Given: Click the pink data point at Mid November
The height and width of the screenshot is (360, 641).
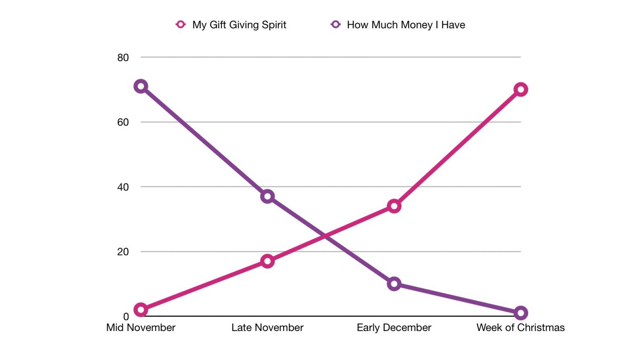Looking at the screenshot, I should [x=140, y=310].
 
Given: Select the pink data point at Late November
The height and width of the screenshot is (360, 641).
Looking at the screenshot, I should [x=267, y=261].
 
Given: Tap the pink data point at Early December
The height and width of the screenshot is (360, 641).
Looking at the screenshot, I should [x=394, y=206].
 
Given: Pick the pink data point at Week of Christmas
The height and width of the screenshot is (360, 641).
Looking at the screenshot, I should [x=521, y=90].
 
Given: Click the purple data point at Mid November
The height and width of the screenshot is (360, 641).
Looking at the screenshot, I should [x=140, y=86].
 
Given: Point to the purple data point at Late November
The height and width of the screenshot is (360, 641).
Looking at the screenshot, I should [x=267, y=196].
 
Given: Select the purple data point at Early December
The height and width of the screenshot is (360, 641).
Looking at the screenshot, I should [x=394, y=284].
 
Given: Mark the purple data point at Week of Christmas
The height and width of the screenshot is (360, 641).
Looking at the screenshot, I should [x=521, y=313].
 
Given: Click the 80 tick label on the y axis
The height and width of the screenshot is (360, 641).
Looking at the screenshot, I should [x=123, y=58].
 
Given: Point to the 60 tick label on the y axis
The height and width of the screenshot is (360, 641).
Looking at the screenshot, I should [x=123, y=123].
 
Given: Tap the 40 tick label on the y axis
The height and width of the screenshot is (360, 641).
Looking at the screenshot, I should [x=123, y=187].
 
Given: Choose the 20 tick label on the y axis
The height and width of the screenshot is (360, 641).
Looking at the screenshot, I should [x=123, y=252].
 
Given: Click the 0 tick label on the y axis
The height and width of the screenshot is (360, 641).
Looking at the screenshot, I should [x=126, y=317].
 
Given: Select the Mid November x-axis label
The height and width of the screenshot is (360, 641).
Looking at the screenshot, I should [x=140, y=328].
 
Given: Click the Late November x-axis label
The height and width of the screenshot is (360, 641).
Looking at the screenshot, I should [x=267, y=328].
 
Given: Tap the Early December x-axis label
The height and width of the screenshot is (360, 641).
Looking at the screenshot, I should [x=394, y=328].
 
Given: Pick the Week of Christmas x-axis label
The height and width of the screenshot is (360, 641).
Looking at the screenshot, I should [x=521, y=328].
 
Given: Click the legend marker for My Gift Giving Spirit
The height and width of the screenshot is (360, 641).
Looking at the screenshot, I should [x=181, y=24].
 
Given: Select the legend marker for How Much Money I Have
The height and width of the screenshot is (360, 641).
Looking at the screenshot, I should [x=336, y=24].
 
